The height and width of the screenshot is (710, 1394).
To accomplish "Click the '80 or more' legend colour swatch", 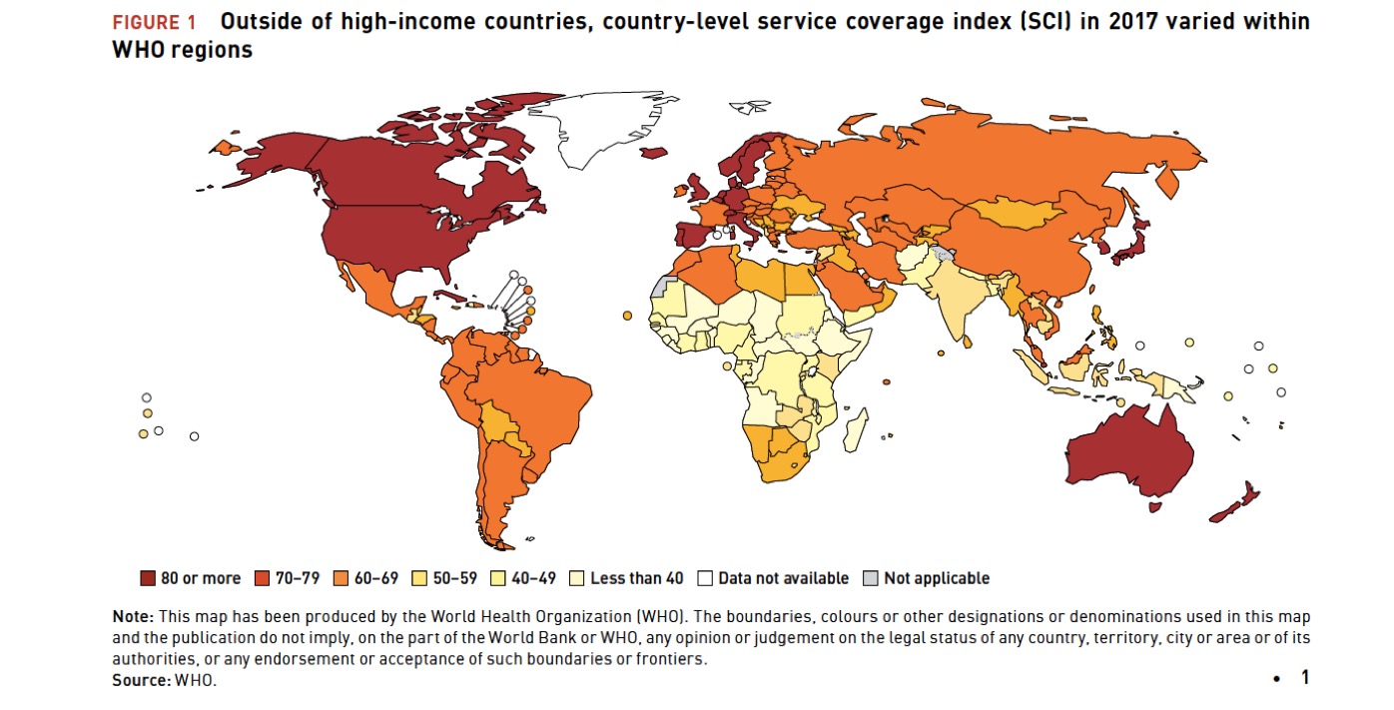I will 148,578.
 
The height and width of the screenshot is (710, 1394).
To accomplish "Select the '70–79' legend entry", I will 290,578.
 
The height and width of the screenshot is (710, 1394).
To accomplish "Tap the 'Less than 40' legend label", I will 636,578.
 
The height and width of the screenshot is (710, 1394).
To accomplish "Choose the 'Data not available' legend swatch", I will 705,578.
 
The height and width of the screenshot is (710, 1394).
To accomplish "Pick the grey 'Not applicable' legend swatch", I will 871,578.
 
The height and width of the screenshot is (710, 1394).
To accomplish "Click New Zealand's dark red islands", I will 1238,504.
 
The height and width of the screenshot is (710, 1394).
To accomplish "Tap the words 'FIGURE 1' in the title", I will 154,22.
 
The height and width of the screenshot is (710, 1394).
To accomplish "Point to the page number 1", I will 1304,677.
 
